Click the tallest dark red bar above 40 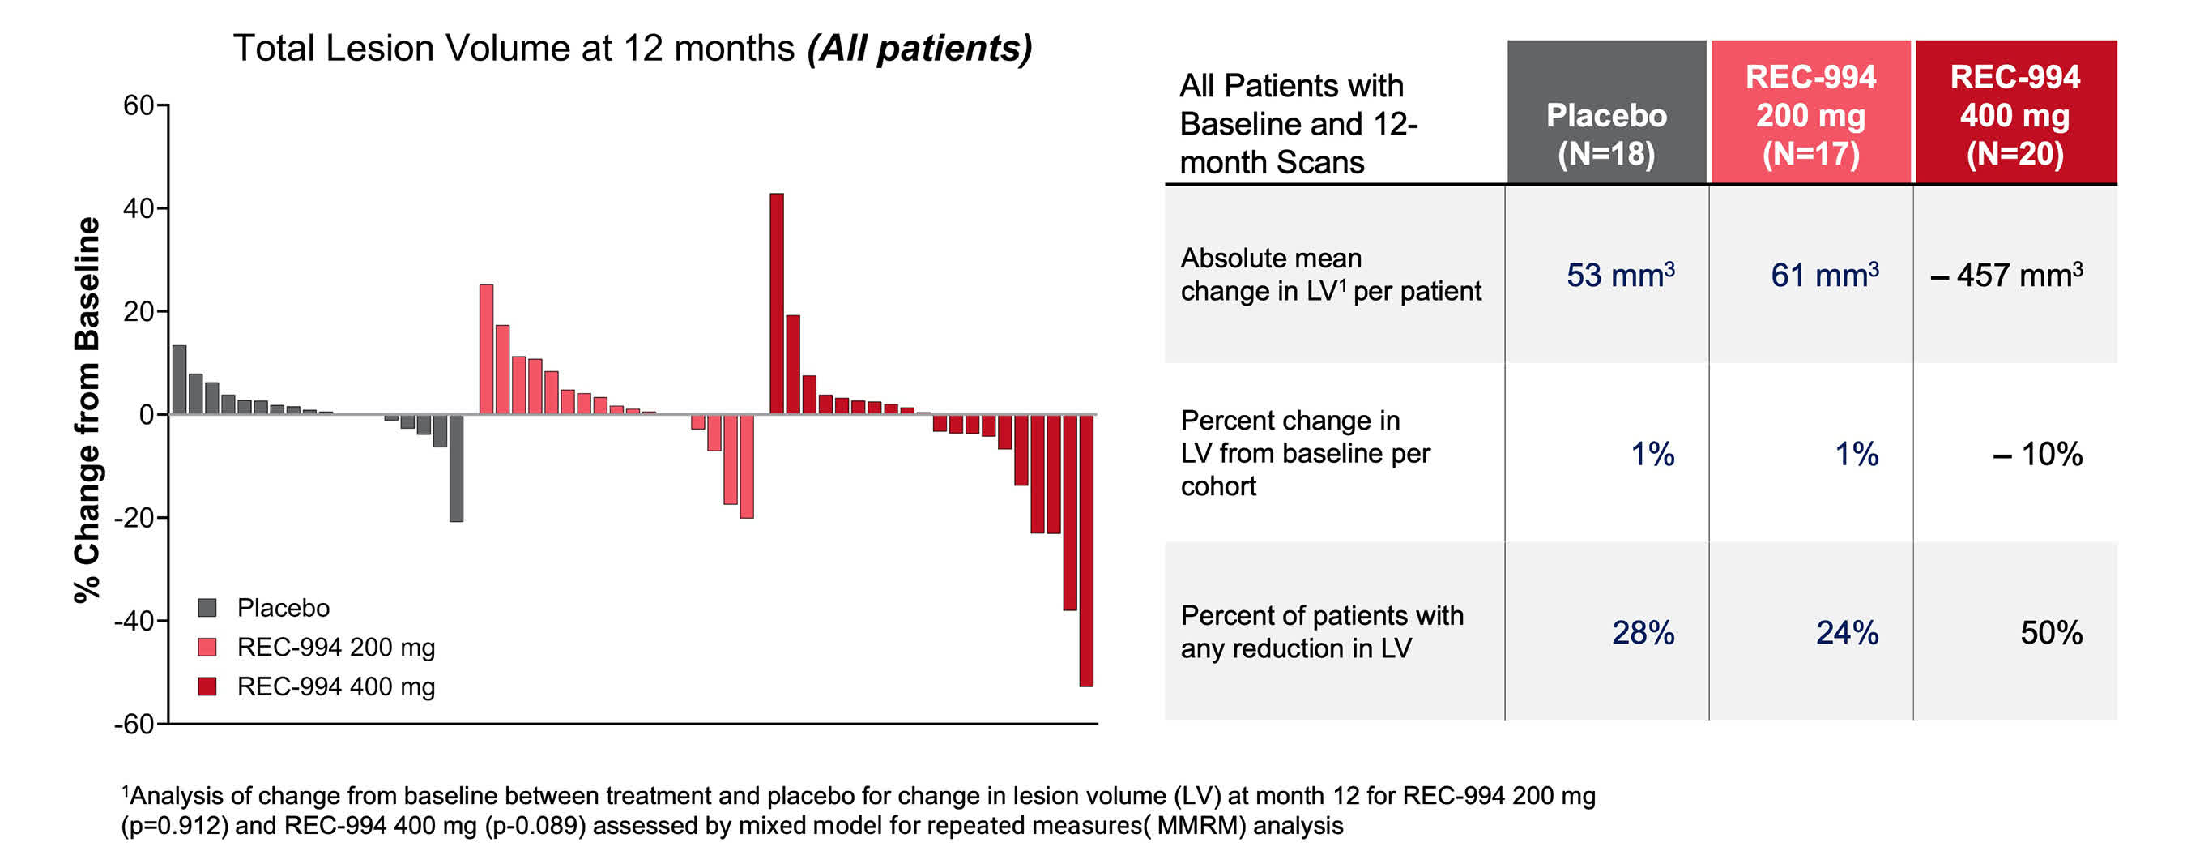tap(776, 303)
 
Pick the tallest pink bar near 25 tap(487, 349)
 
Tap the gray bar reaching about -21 tap(456, 468)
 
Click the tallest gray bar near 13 tap(179, 379)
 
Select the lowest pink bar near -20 tap(746, 466)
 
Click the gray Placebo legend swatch tap(207, 608)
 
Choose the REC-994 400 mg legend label tap(335, 686)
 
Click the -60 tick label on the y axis tap(134, 725)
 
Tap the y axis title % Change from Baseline tap(87, 410)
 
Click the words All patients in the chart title tap(919, 49)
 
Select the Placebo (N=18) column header tap(1605, 134)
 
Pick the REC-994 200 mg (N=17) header tap(1810, 116)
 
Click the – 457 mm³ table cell tap(2007, 276)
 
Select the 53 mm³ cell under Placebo tap(1620, 276)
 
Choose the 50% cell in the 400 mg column tap(2050, 633)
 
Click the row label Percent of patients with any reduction tap(1321, 632)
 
